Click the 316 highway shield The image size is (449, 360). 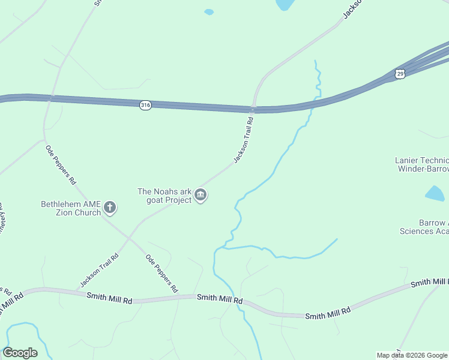[x=145, y=105]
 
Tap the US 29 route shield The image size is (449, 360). [x=400, y=73]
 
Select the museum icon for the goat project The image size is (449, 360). [x=200, y=196]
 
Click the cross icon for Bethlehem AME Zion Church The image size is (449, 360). [x=109, y=208]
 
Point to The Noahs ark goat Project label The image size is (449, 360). [x=164, y=196]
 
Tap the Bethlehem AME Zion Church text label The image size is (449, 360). [x=70, y=208]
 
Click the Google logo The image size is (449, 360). [x=20, y=352]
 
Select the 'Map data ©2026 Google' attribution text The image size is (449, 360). [x=412, y=355]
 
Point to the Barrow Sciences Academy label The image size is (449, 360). [x=425, y=227]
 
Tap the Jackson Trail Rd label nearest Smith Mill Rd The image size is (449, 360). [x=99, y=270]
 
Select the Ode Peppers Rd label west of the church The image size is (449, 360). [x=61, y=164]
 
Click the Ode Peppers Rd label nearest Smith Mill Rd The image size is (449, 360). [x=162, y=273]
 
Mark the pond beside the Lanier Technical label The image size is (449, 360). [x=435, y=193]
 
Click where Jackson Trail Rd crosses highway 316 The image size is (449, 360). [x=253, y=109]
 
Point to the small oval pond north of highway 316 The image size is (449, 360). [x=209, y=11]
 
